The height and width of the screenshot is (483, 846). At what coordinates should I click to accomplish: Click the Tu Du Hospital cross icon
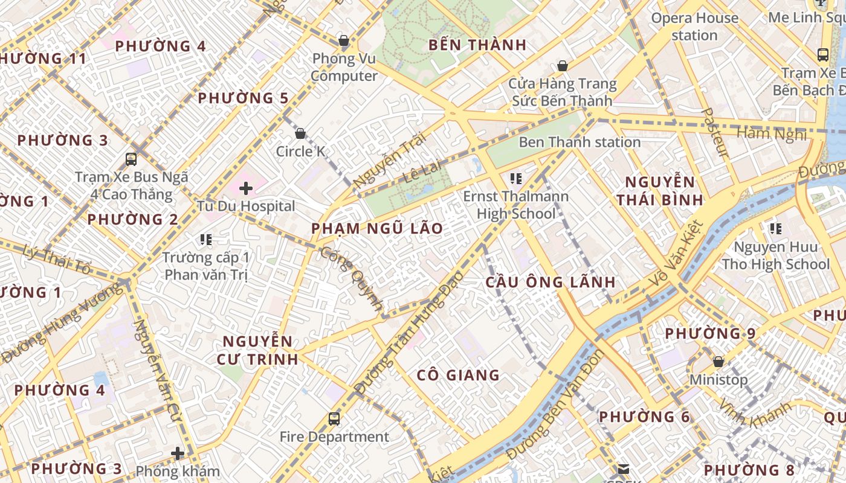tap(245, 188)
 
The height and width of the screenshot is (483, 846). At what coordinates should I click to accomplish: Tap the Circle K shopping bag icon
tap(300, 133)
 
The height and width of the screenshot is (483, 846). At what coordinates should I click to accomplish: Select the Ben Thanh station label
tap(580, 142)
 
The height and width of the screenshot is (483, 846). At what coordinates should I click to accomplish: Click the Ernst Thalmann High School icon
tap(515, 178)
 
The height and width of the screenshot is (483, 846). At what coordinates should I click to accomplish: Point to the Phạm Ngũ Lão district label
tap(377, 229)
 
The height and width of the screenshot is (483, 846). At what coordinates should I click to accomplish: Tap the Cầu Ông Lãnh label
tap(551, 282)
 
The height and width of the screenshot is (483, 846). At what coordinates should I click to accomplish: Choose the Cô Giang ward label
tap(458, 376)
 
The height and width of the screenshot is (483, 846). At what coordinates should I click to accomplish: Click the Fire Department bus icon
tap(334, 418)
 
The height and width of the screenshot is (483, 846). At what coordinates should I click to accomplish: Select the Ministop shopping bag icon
tap(718, 362)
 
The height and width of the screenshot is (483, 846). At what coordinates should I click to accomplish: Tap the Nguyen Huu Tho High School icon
tap(775, 229)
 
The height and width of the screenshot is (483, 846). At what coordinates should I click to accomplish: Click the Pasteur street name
tap(717, 133)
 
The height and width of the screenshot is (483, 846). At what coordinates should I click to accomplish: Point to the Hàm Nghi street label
tap(772, 133)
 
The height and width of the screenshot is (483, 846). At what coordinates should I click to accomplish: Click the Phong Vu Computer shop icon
tap(344, 41)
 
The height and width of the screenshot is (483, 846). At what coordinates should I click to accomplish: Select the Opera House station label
tap(694, 27)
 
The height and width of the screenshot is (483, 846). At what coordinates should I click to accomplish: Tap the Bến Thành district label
tap(477, 45)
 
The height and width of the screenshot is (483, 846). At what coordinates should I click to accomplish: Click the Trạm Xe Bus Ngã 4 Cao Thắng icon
tap(131, 159)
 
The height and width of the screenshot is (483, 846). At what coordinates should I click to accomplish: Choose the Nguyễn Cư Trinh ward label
tap(258, 350)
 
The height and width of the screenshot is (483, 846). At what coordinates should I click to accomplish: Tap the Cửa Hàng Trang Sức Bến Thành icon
tap(563, 66)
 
